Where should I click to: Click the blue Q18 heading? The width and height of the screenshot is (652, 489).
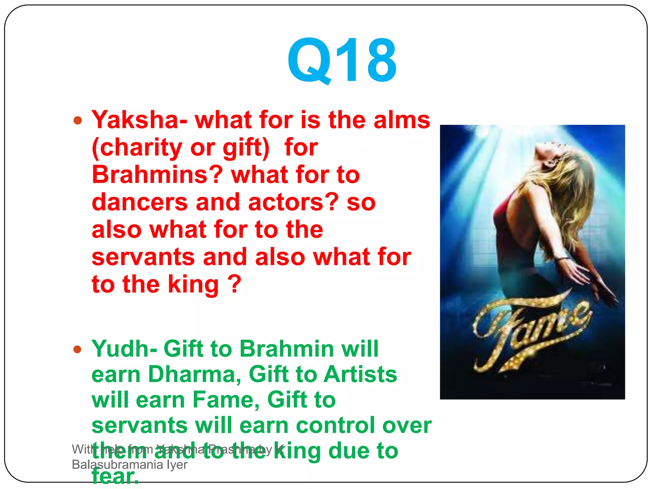(x=342, y=60)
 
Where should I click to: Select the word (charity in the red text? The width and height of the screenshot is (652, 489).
(x=137, y=148)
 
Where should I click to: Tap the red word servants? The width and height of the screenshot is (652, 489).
(x=143, y=257)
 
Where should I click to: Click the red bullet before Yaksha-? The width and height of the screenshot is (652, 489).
(x=78, y=121)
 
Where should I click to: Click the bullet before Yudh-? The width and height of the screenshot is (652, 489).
(x=78, y=350)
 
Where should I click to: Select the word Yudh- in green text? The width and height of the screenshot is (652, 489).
(x=124, y=349)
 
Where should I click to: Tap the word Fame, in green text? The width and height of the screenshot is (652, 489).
(x=226, y=400)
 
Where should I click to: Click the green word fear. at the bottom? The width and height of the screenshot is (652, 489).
(x=115, y=477)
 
